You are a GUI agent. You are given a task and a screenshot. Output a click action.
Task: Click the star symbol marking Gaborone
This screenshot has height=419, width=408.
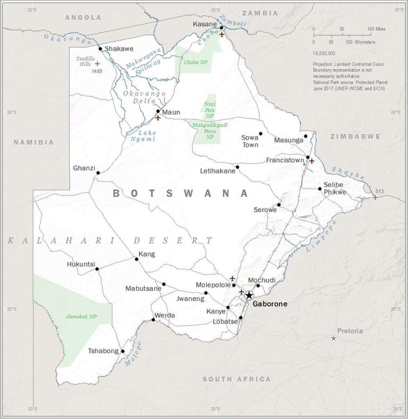[249, 296]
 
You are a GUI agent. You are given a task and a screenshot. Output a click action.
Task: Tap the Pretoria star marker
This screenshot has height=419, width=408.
[334, 338]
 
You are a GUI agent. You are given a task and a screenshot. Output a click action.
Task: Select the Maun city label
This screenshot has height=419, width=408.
[171, 112]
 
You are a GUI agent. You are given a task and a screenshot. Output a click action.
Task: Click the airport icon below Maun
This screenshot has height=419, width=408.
[158, 118]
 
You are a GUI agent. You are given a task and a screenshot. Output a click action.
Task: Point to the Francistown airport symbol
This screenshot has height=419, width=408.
[312, 161]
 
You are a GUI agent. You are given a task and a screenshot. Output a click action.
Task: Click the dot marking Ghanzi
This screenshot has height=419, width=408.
[97, 173]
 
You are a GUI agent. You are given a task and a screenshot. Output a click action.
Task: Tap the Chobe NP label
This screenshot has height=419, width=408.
[195, 62]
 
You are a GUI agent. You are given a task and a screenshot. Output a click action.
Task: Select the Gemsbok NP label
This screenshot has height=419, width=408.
[81, 317]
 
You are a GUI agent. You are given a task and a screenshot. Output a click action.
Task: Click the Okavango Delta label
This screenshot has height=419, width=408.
[143, 98]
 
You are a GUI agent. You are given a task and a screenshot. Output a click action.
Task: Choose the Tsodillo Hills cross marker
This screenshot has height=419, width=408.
[97, 63]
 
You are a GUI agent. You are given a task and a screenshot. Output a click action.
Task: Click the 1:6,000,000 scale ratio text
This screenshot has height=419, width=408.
[328, 54]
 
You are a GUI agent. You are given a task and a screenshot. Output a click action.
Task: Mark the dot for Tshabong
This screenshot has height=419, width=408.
[122, 351]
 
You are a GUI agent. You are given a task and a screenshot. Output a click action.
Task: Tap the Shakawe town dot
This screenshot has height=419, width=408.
[100, 49]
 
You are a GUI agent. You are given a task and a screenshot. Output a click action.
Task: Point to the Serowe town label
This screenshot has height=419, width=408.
[265, 210]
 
